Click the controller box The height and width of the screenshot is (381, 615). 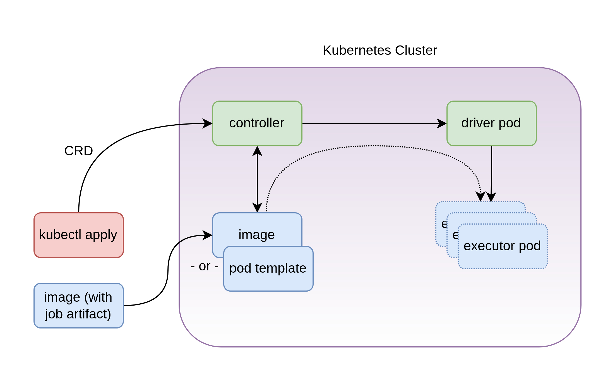[257, 123]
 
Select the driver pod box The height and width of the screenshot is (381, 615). [491, 123]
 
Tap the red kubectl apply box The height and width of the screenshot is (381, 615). [78, 235]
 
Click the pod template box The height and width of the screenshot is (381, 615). [268, 268]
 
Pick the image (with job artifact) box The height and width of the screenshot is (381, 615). [78, 305]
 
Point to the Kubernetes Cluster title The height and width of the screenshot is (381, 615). [380, 50]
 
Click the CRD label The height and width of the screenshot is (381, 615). [78, 151]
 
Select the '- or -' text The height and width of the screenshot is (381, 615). [205, 266]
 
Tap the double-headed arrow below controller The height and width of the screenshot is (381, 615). [257, 179]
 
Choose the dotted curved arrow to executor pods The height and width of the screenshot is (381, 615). [371, 146]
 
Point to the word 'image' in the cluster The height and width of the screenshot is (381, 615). [256, 235]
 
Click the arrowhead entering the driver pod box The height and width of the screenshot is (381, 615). [442, 123]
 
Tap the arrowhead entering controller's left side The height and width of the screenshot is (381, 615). [207, 123]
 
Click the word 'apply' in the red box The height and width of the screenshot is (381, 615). [101, 235]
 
